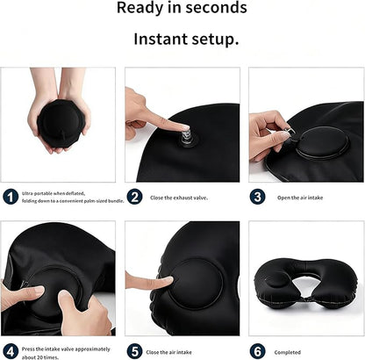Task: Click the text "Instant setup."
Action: (185, 40)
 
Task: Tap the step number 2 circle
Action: (134, 197)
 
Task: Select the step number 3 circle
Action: (258, 197)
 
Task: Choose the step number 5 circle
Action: (134, 351)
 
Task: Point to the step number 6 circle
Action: (258, 351)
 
